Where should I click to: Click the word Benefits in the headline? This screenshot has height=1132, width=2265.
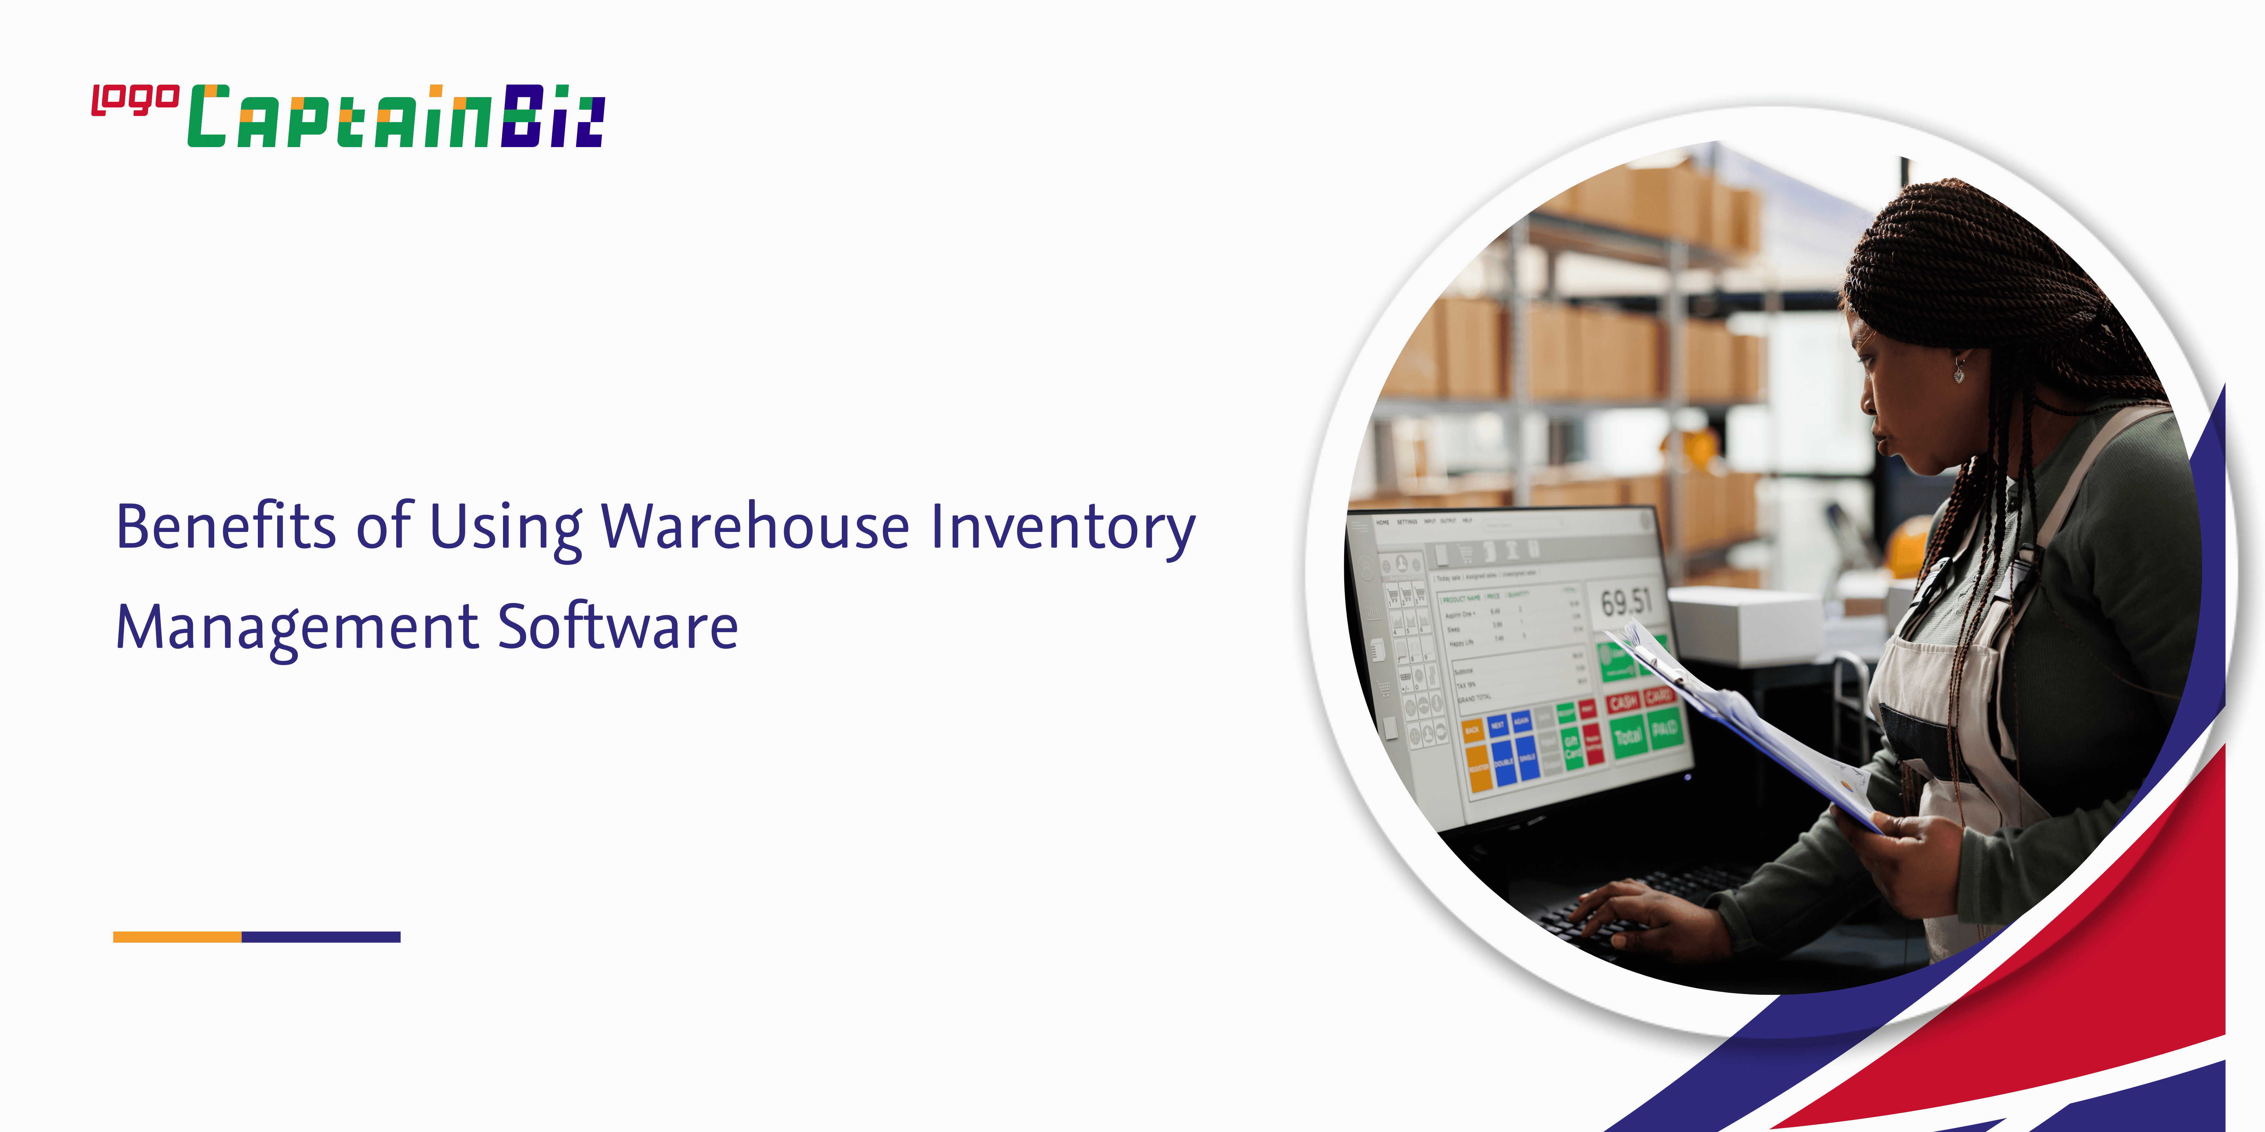tap(226, 527)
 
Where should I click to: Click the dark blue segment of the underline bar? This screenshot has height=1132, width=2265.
tap(321, 937)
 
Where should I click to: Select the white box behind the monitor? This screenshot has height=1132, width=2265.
tap(1745, 626)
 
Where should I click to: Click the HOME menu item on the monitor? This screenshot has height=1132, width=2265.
tap(1382, 522)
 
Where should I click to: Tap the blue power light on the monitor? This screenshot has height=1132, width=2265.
tap(1687, 777)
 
